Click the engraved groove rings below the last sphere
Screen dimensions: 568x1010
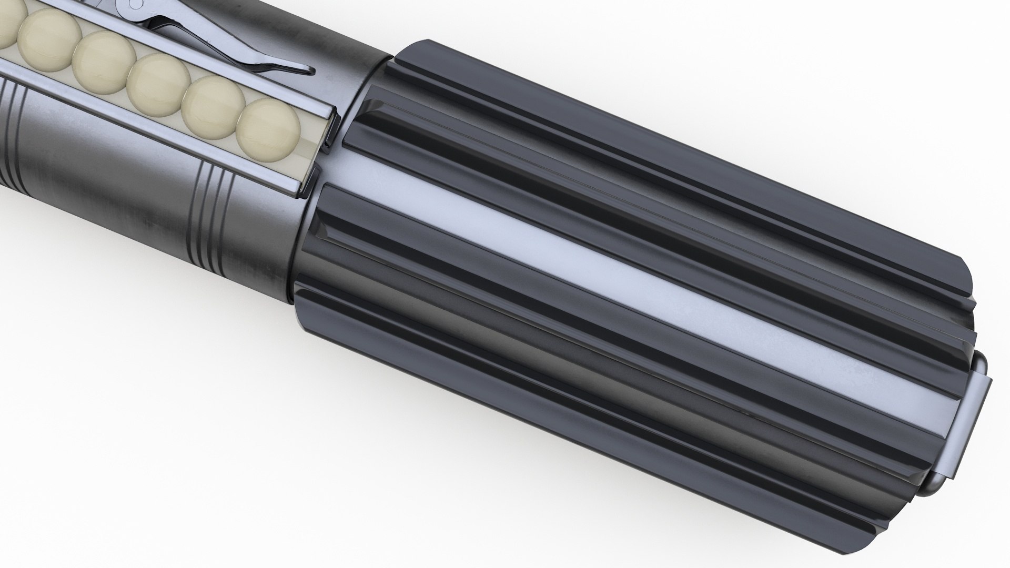click(x=210, y=216)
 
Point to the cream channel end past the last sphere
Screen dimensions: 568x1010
click(x=310, y=153)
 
